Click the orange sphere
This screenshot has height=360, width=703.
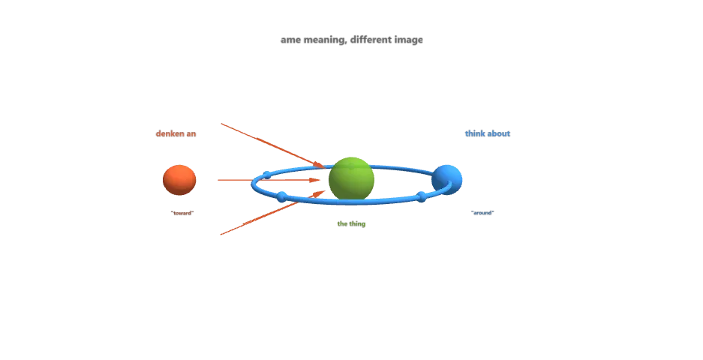179,180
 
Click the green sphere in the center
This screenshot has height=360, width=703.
351,178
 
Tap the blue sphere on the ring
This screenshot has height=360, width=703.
447,178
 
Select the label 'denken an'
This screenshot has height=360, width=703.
176,133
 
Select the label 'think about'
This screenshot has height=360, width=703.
487,133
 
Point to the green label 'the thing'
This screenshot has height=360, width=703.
351,223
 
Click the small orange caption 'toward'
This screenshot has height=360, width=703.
182,213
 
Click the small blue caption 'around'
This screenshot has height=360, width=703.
482,213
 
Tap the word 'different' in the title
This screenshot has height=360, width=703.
373,40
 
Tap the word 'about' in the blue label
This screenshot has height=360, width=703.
498,133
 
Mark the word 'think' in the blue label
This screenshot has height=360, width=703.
475,133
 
